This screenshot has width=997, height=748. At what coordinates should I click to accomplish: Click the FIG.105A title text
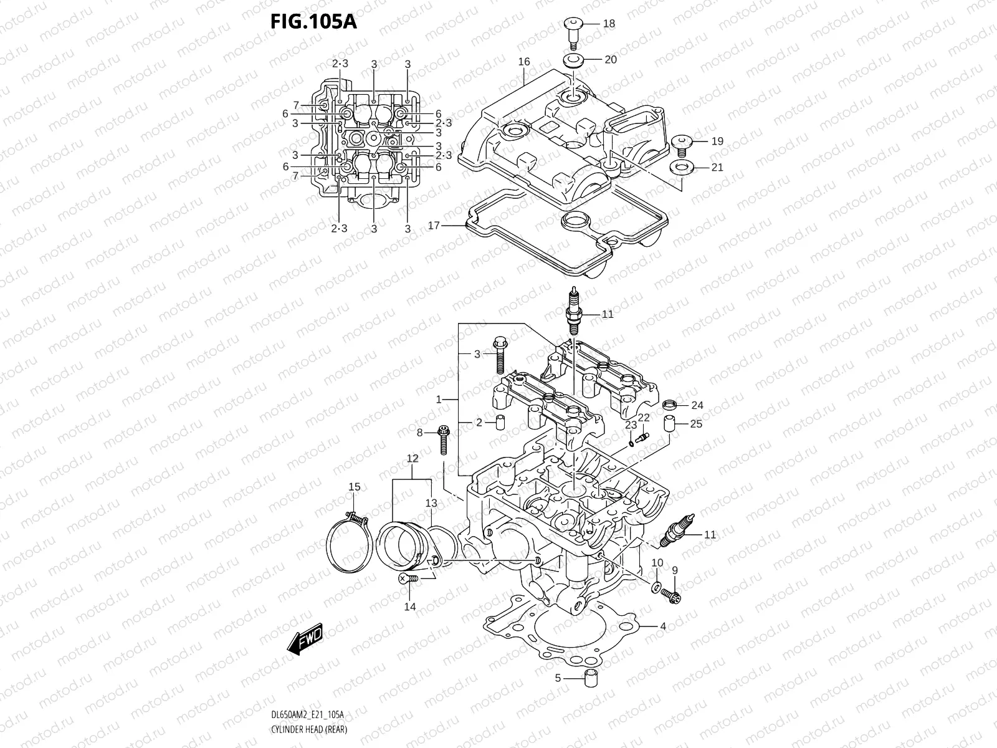click(313, 22)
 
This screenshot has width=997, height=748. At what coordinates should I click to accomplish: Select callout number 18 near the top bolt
click(609, 24)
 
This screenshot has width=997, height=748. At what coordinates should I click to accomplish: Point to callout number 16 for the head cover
click(523, 61)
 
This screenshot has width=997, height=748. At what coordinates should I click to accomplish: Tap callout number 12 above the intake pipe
click(412, 459)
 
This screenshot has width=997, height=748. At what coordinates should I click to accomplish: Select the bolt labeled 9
click(671, 593)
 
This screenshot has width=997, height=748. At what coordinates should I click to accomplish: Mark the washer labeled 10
click(657, 587)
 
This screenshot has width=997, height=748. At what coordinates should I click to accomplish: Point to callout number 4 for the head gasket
click(663, 626)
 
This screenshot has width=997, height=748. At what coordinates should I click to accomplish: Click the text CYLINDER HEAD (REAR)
click(309, 729)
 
